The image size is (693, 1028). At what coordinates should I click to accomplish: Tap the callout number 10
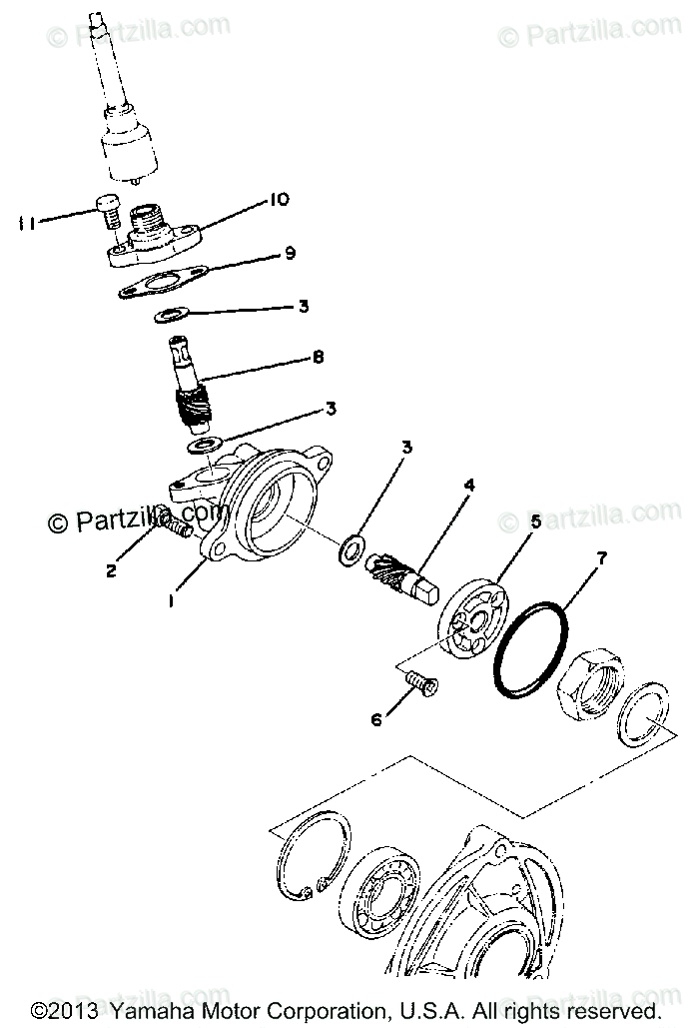(x=278, y=201)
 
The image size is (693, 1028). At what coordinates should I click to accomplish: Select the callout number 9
(x=289, y=253)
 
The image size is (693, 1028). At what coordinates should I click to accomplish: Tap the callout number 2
(x=112, y=570)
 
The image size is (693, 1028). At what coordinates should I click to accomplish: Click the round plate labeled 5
(x=469, y=625)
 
